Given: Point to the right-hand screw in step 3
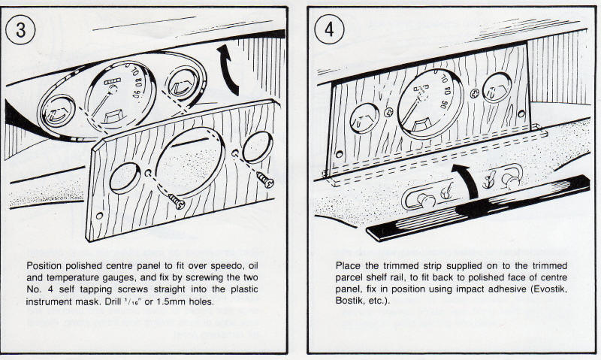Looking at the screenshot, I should click(264, 179).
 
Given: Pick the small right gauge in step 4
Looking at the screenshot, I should click(494, 89).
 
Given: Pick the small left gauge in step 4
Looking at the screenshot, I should click(364, 119).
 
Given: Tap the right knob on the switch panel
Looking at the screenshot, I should click(513, 180).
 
